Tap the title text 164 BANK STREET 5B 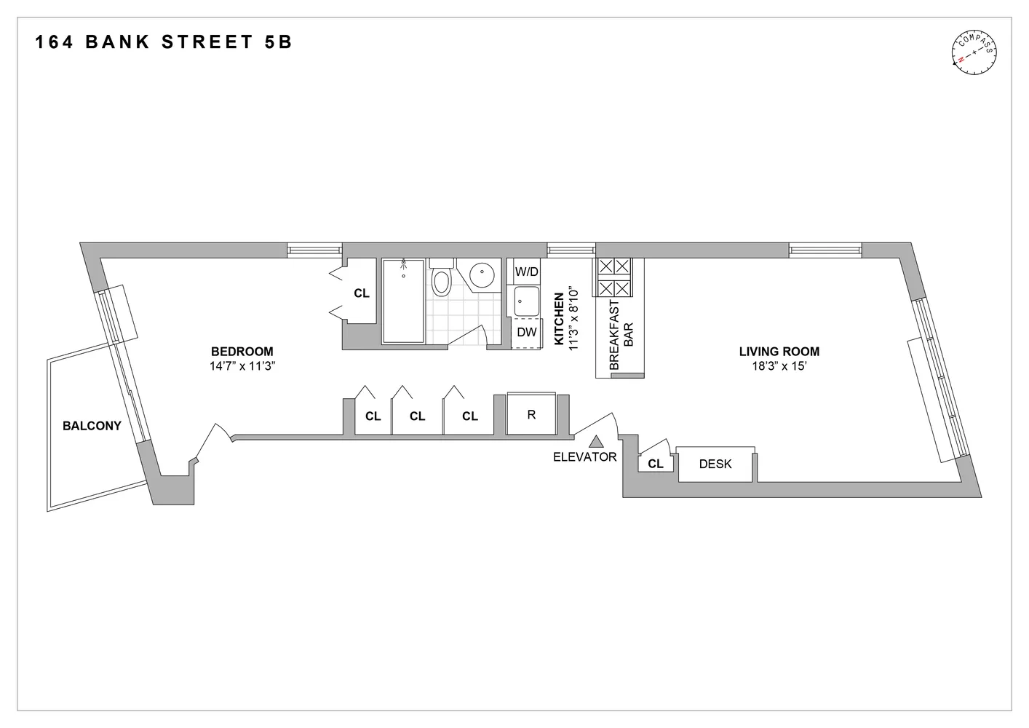pos(164,41)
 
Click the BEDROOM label pos(242,352)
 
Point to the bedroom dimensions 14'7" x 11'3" pos(242,367)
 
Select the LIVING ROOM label pos(779,352)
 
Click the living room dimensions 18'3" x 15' pos(779,367)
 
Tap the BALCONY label pos(92,426)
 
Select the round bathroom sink pos(482,275)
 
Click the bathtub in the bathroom pos(403,300)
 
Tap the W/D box pos(526,272)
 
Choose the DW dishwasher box pos(526,333)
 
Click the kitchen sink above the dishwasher pos(526,301)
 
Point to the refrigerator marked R pos(531,415)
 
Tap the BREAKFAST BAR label pos(621,335)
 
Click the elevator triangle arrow pos(596,441)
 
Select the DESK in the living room pos(715,464)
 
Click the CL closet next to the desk pos(655,464)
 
